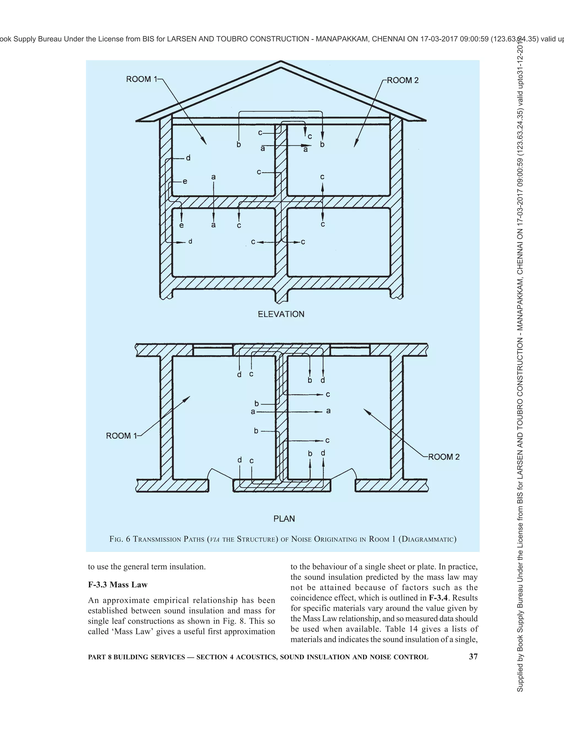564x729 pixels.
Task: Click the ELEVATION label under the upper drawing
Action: tap(281, 314)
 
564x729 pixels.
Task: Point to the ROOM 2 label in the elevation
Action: tap(403, 80)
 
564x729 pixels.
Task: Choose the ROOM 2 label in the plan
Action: tap(444, 457)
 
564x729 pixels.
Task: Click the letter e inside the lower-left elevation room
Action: tap(181, 225)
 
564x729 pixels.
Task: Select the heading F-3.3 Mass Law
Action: tap(118, 585)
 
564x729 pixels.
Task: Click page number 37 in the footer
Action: tap(473, 657)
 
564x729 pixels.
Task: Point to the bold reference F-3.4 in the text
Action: tap(438, 598)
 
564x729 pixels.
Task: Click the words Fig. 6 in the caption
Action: tap(120, 539)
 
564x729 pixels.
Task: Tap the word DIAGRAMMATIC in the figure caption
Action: tap(427, 539)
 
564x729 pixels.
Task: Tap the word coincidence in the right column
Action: tap(311, 598)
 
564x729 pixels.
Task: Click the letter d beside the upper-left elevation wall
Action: tap(188, 158)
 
